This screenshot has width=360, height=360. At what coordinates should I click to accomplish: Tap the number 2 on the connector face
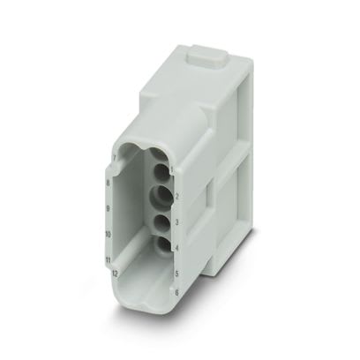(x=177, y=196)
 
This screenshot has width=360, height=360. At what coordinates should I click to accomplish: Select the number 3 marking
(x=177, y=223)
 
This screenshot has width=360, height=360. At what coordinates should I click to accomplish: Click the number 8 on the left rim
(x=109, y=184)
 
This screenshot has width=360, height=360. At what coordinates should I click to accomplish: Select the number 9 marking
(x=108, y=208)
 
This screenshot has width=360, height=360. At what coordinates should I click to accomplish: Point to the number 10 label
(x=107, y=236)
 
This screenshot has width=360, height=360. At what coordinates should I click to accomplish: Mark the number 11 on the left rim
(x=106, y=262)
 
